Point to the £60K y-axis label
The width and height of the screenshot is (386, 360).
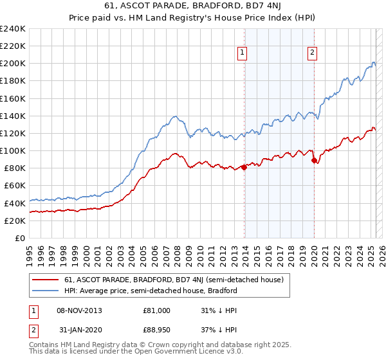click(x=15, y=186)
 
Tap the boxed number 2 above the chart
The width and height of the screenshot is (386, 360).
click(x=312, y=53)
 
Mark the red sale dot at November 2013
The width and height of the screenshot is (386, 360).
click(x=244, y=168)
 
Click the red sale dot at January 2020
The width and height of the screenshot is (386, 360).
click(x=314, y=161)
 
